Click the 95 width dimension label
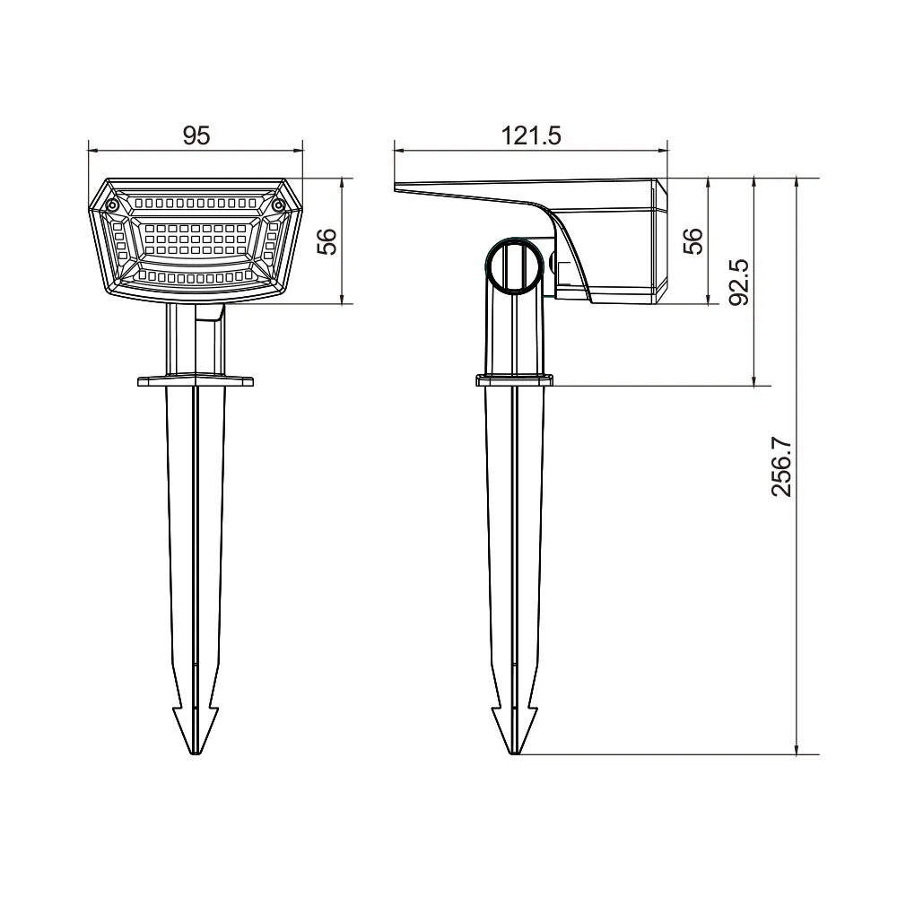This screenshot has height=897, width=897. [x=196, y=135]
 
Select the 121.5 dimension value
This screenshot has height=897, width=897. [x=530, y=135]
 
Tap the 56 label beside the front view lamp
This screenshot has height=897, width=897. [x=329, y=241]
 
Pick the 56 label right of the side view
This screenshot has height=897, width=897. [x=693, y=241]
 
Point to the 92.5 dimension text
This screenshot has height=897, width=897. [x=739, y=282]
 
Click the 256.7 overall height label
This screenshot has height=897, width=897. [x=782, y=466]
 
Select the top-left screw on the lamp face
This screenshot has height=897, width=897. [x=112, y=206]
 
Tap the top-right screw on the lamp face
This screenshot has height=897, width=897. [x=278, y=206]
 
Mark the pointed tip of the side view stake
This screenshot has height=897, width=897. [x=512, y=752]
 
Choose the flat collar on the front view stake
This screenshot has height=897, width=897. [x=195, y=381]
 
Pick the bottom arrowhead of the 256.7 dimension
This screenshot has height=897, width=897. [x=797, y=749]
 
